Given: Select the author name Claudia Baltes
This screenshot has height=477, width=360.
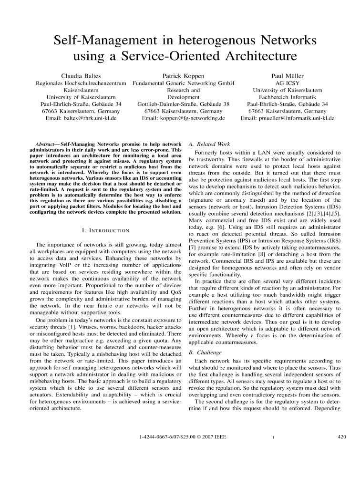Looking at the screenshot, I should (81, 76).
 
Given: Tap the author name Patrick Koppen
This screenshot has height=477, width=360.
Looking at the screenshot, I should (184, 76).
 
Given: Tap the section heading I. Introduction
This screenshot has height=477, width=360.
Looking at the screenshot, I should (106, 231).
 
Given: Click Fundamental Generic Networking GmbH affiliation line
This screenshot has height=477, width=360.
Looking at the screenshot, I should (184, 83).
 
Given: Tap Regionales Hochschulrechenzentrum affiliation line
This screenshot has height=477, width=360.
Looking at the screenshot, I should (81, 83).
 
